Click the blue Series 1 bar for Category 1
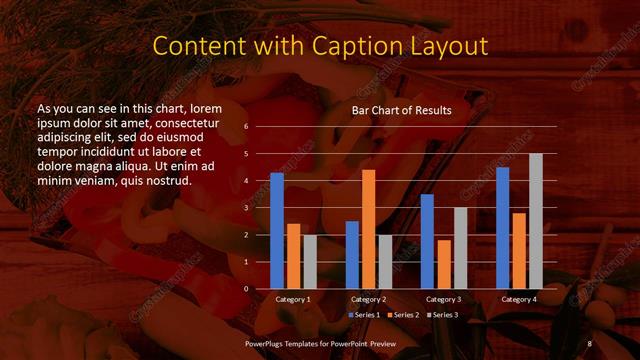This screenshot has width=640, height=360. point(277,230)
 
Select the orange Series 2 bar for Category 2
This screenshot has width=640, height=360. point(368,229)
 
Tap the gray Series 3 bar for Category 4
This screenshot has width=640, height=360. point(535,221)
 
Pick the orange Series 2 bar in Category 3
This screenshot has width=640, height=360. point(443,264)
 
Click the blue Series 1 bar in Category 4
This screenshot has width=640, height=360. point(502,227)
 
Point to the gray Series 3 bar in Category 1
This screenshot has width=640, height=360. point(310,261)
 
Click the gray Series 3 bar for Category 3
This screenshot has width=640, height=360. point(460,247)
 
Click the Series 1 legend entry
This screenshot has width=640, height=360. point(364,315)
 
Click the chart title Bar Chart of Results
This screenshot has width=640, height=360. point(401,110)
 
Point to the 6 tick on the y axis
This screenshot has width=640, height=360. point(246,127)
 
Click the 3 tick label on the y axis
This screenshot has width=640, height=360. point(246,208)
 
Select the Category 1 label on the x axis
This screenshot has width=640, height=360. point(293,299)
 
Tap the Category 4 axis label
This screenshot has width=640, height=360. point(518,299)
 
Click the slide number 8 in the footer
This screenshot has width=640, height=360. point(589,343)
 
